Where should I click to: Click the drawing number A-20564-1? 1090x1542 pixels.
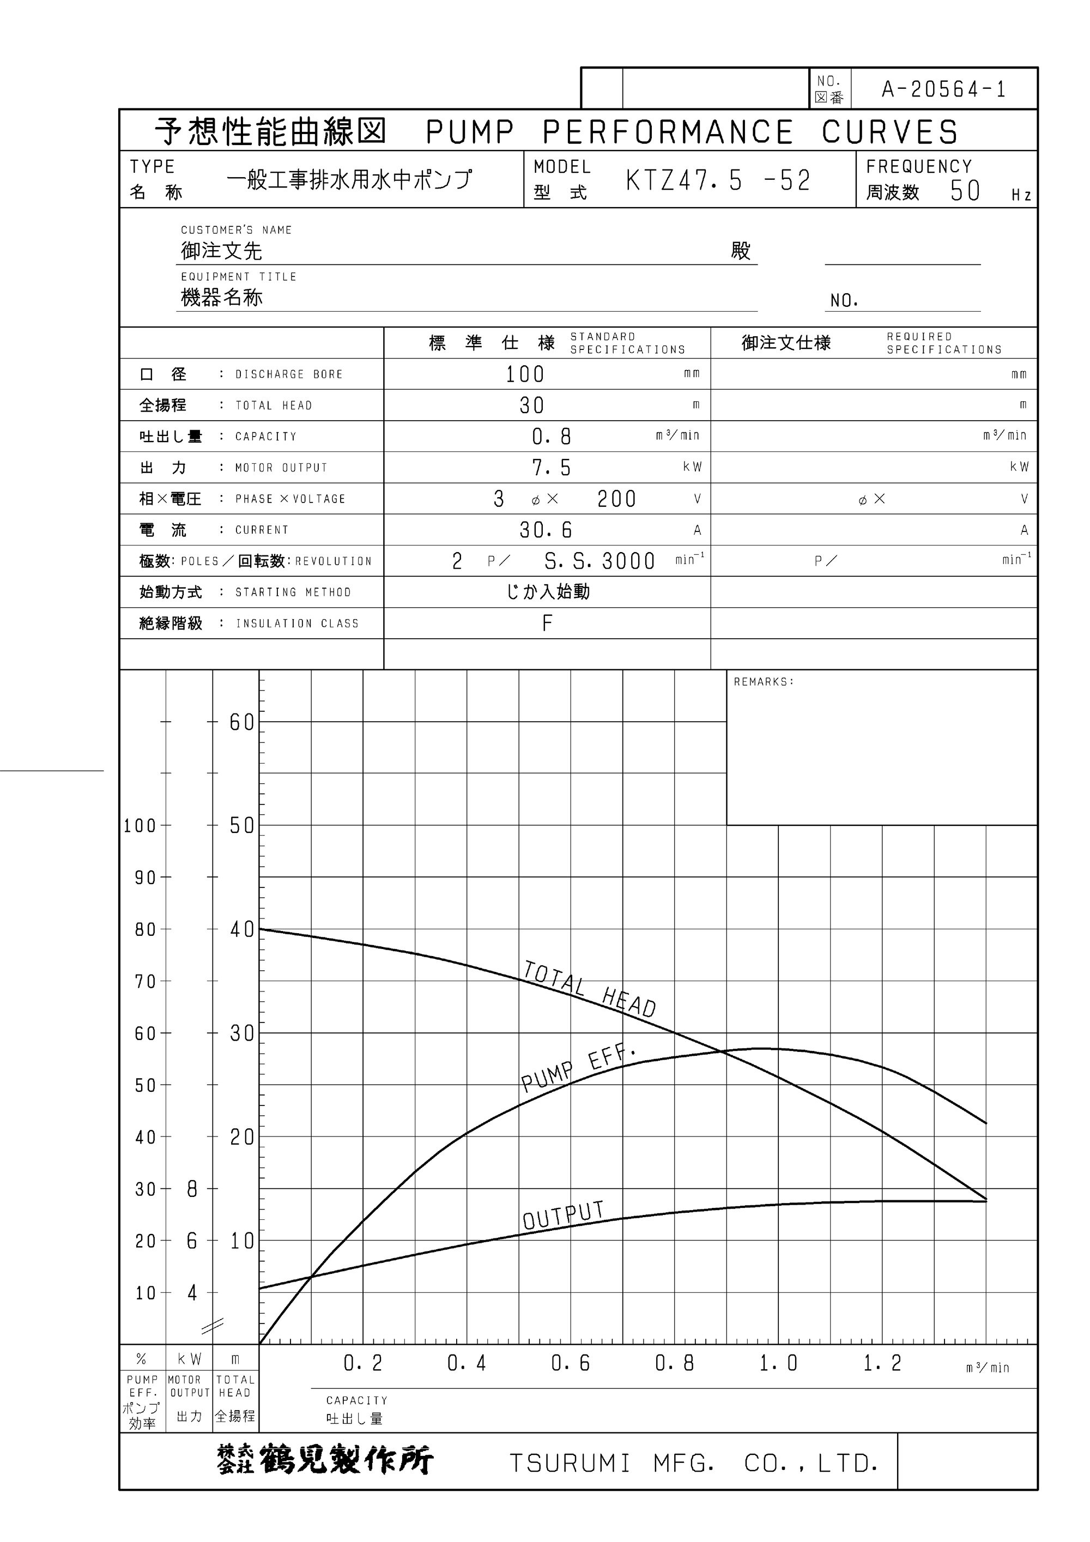click(x=943, y=89)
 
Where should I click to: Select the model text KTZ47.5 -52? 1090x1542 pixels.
click(x=718, y=180)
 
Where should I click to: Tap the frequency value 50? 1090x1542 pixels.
click(x=965, y=191)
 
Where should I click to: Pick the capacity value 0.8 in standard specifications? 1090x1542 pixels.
click(x=552, y=437)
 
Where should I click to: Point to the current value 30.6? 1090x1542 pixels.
click(x=546, y=530)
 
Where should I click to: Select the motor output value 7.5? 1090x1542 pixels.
click(x=552, y=468)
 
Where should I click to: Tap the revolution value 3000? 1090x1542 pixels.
click(x=628, y=561)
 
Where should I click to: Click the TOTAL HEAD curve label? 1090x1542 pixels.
click(x=590, y=989)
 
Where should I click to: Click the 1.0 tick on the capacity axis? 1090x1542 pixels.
click(x=778, y=1363)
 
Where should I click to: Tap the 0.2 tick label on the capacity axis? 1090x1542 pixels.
click(x=362, y=1363)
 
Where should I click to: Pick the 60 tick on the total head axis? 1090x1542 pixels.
click(x=242, y=723)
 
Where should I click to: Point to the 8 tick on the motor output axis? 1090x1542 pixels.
click(x=192, y=1189)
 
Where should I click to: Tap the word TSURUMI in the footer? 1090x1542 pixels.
click(x=570, y=1464)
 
